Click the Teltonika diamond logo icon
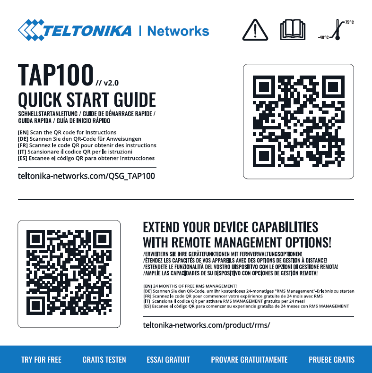31,30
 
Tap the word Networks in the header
178,31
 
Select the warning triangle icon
255,30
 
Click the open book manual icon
293,30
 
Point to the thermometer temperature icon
337,29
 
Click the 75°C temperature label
349,22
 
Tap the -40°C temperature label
323,37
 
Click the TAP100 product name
55,75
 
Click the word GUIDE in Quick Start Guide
135,100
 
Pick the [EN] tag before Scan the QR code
23,132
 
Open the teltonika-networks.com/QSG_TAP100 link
87,176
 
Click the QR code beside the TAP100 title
298,121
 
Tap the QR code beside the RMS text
69,272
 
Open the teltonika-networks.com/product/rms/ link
207,325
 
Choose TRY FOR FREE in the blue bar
42,359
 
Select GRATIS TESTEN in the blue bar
104,359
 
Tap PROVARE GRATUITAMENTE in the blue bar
249,359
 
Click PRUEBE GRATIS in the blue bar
331,359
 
